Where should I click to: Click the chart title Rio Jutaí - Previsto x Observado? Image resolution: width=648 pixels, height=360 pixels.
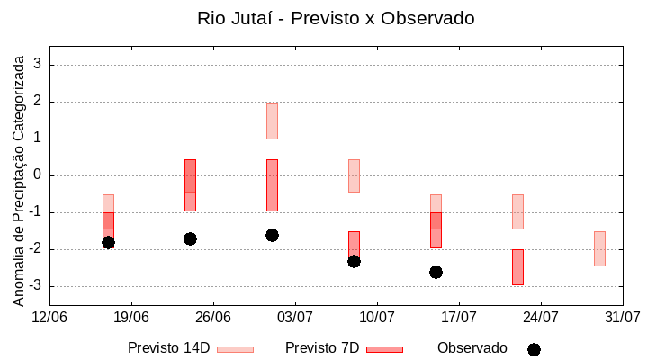pos(336,18)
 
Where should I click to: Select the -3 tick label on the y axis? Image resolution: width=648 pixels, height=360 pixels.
pos(35,286)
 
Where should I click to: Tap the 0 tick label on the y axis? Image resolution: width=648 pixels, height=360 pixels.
pos(38,175)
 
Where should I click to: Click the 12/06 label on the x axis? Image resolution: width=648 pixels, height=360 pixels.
pos(49,317)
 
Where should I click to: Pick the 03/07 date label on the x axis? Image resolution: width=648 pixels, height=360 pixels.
pos(295,317)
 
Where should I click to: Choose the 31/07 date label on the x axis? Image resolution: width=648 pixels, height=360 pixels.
pos(622,317)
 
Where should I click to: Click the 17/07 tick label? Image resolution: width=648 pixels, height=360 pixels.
pos(459,317)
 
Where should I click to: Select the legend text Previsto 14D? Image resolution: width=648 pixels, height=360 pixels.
pos(168,348)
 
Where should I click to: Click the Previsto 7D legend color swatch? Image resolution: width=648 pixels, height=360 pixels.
pos(384,349)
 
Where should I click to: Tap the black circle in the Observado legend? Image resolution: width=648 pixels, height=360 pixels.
pos(534,349)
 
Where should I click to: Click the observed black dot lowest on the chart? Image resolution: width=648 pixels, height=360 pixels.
pos(436,272)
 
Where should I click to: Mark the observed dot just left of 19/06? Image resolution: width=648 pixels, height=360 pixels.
pos(108,242)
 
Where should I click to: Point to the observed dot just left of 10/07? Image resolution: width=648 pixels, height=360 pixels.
pos(354,261)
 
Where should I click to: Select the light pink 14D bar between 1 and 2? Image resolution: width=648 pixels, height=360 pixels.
pos(272,121)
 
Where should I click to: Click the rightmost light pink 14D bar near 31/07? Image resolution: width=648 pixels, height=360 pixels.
pos(599,248)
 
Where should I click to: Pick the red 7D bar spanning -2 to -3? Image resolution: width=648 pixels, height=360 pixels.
pos(517,267)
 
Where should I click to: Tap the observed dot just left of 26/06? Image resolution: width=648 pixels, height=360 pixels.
pos(190,238)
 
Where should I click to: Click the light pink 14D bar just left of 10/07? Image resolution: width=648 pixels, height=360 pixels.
pos(354,175)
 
